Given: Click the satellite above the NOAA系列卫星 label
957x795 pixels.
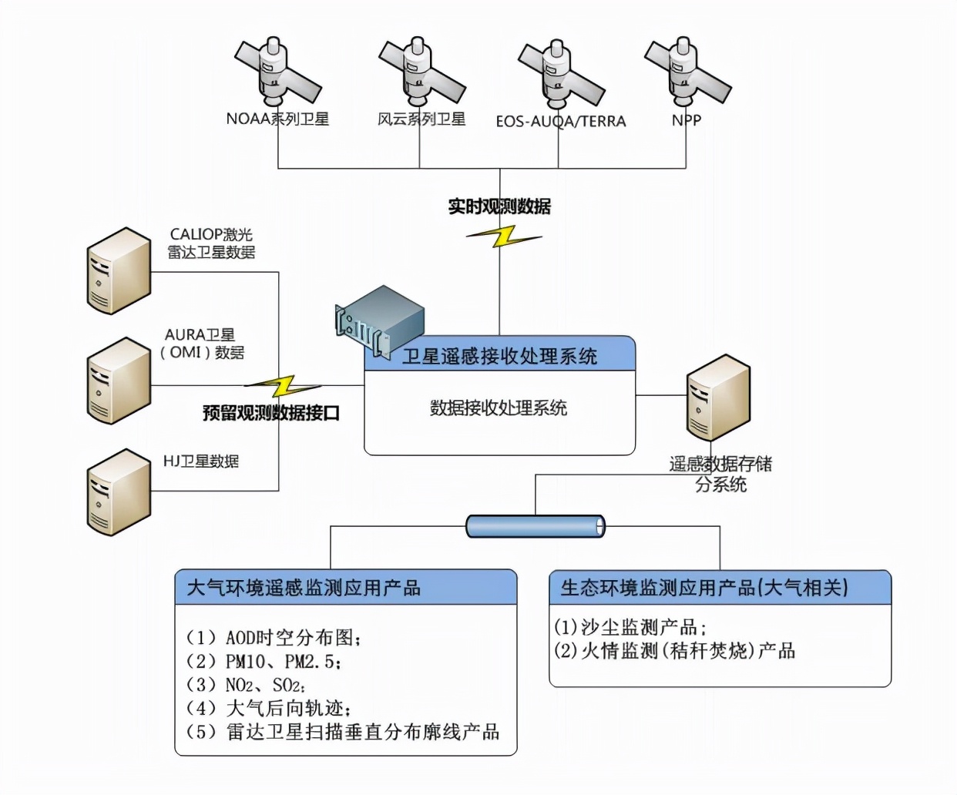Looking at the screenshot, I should (x=277, y=72).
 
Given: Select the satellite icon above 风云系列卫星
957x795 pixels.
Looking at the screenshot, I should (x=421, y=72).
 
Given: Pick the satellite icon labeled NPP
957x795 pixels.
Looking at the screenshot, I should (x=686, y=72).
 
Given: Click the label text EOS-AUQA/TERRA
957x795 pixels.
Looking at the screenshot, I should (x=560, y=122).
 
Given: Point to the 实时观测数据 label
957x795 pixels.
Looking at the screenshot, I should (x=499, y=206).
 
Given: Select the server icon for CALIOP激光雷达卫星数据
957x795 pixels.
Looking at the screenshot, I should (x=119, y=270).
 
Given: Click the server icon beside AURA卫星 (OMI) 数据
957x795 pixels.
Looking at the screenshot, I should (x=119, y=380).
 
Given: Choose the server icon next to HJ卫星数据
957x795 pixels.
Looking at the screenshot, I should (x=119, y=492).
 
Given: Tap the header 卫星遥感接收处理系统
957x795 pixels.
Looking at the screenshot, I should (x=499, y=356).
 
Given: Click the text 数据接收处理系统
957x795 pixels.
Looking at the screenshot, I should (x=499, y=408).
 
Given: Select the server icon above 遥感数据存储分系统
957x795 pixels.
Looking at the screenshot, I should (x=717, y=397).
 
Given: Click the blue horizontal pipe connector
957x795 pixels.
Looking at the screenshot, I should (x=536, y=526).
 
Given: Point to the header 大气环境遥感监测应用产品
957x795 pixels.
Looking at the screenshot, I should (x=304, y=589).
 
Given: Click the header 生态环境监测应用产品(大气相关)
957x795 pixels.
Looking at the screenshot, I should (x=703, y=589).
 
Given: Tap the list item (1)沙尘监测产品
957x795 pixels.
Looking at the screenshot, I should (x=630, y=627).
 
